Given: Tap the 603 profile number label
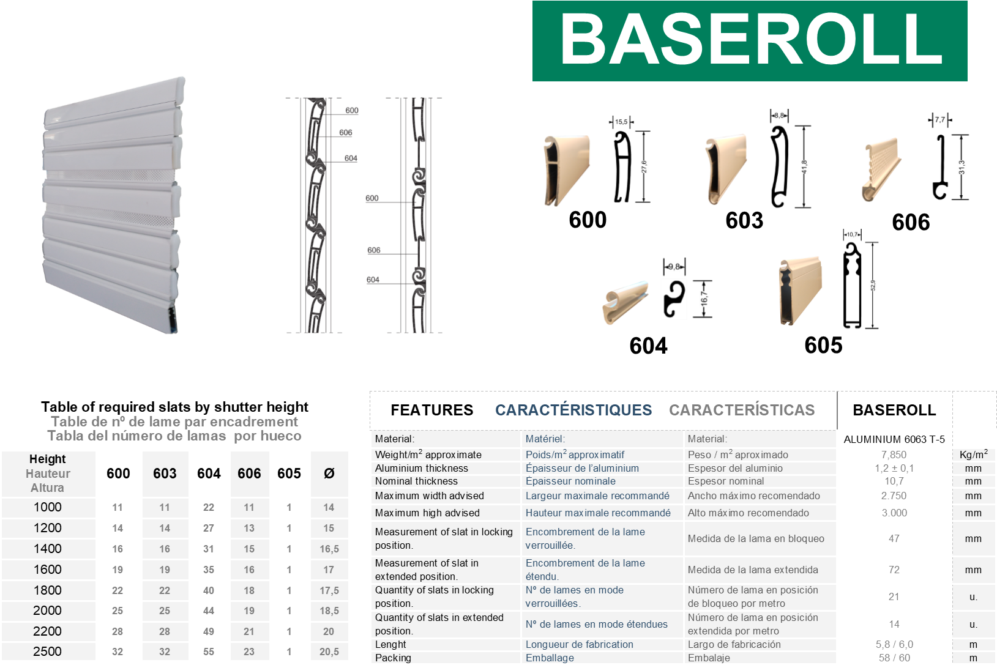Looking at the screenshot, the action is point(744,220).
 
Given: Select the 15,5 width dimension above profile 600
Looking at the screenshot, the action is point(621,122).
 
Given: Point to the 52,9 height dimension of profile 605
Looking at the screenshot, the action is point(873,285).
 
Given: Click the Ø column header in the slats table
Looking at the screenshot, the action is point(329,474).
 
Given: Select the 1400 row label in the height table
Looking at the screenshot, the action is point(48,549).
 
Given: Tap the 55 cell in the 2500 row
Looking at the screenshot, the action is point(209,652).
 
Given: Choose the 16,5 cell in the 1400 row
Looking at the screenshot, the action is point(329,549).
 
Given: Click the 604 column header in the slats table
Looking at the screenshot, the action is point(209,474).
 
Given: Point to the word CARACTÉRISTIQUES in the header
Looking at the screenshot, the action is point(573,410).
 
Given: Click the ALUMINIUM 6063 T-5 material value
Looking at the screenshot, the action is point(894,439).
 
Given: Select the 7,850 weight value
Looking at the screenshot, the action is point(894,455).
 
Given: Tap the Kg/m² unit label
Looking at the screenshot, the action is point(973,455).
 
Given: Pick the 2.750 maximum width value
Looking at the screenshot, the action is point(894,496).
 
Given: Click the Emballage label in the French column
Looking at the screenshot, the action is point(550,658).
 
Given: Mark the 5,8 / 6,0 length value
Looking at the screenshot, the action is point(894,644).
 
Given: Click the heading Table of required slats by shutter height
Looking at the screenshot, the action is point(174,407).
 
